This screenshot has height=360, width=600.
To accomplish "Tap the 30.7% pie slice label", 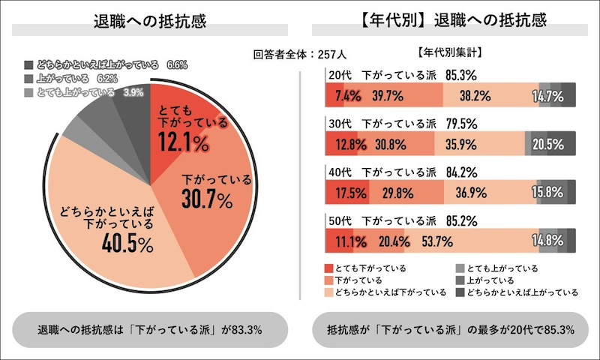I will pyautogui.click(x=208, y=198).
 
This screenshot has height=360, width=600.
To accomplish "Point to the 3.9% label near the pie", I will pyautogui.click(x=133, y=92).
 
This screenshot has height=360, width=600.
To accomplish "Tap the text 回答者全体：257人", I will pyautogui.click(x=300, y=54).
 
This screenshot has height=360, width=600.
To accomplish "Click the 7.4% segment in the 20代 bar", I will pyautogui.click(x=348, y=95).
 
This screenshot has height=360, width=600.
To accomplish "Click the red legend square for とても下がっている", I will pyautogui.click(x=328, y=268).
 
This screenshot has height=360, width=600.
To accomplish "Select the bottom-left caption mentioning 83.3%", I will pyautogui.click(x=149, y=329).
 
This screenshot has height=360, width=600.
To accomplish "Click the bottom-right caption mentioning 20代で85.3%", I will pyautogui.click(x=450, y=329).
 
